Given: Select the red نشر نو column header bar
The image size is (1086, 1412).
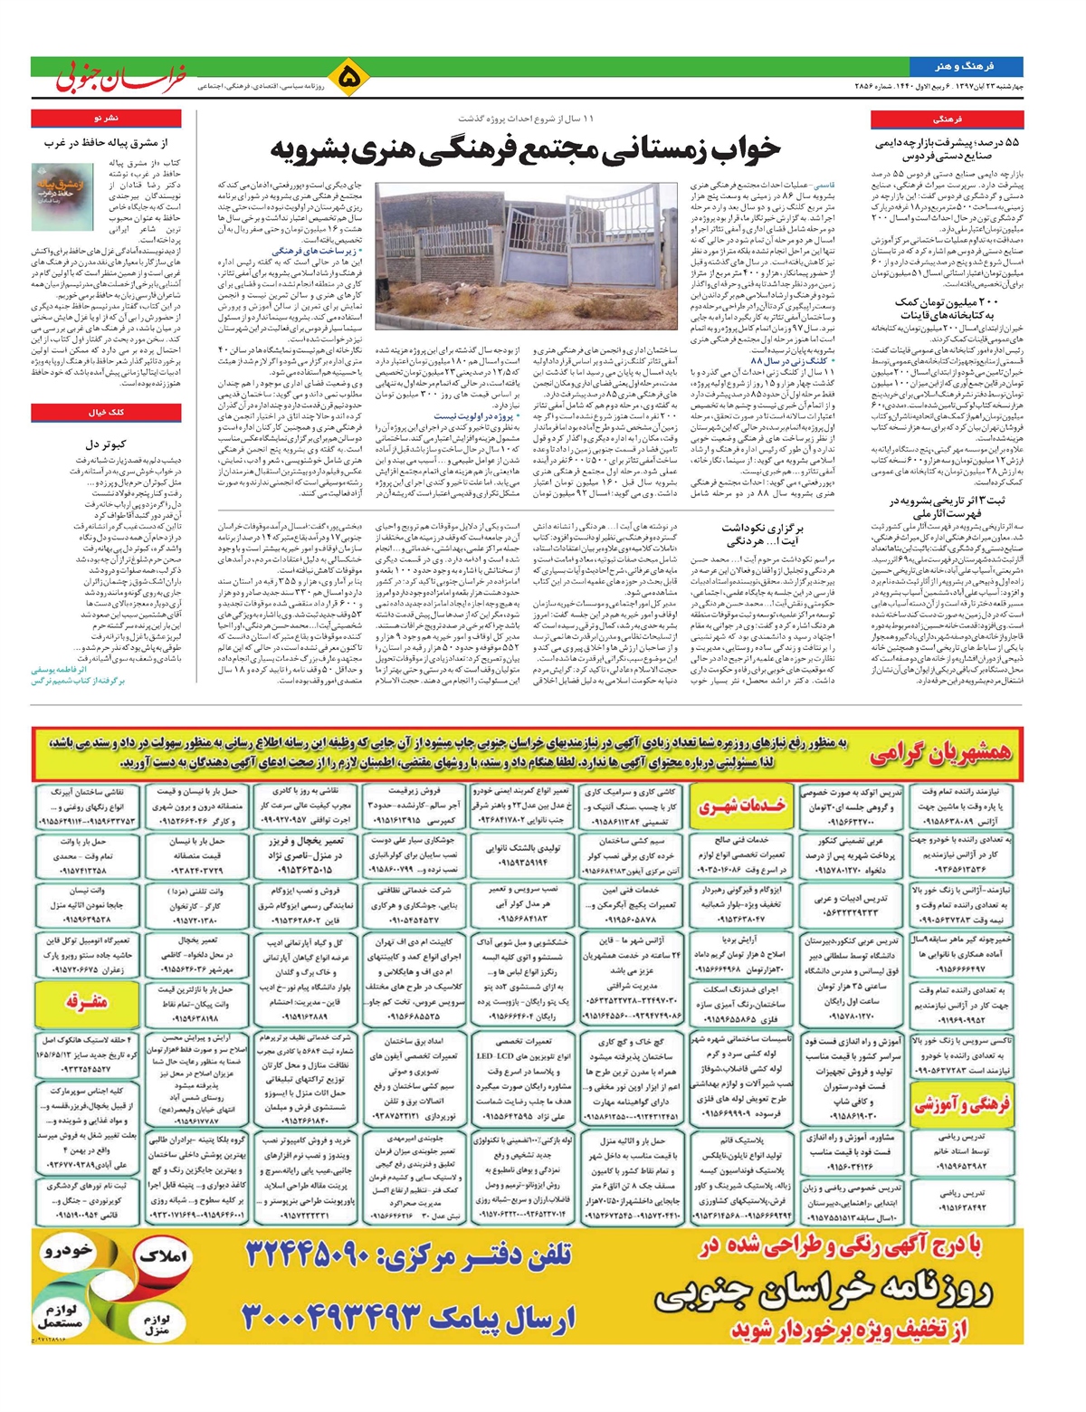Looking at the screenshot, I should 105,119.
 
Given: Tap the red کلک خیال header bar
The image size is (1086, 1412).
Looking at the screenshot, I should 105,412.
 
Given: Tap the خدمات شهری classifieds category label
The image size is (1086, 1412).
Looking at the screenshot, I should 742,806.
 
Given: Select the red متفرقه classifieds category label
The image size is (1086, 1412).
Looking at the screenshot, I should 87,1001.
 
